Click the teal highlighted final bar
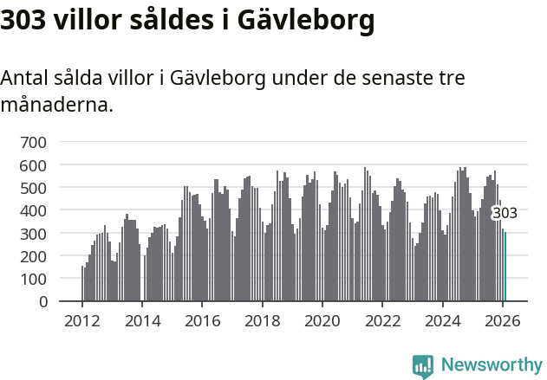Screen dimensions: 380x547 (505, 267)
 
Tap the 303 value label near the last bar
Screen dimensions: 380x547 (505, 213)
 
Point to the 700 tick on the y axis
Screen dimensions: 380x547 (35, 142)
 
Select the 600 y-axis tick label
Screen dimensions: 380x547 (35, 164)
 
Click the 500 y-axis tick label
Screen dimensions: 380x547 (35, 188)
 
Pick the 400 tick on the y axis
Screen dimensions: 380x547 (35, 210)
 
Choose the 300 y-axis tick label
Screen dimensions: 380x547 (35, 234)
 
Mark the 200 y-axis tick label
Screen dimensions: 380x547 (35, 256)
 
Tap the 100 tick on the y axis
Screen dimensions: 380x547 (35, 279)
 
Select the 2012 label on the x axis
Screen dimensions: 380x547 (82, 319)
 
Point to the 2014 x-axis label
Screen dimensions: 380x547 (142, 319)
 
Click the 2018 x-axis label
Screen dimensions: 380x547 (262, 319)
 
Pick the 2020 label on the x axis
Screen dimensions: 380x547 (322, 319)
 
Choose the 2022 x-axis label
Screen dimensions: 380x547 (382, 319)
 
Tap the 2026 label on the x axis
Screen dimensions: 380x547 (503, 319)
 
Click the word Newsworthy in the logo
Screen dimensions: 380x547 (491, 365)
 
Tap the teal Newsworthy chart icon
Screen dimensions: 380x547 (423, 366)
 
